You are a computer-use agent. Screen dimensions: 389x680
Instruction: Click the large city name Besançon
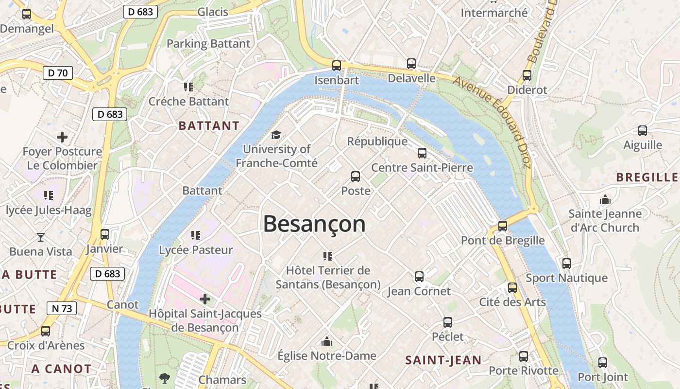(x=314, y=224)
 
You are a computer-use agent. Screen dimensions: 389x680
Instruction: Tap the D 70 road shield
(x=57, y=73)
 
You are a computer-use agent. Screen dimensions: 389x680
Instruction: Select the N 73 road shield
(x=61, y=308)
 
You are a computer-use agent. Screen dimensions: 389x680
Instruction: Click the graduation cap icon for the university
(x=276, y=135)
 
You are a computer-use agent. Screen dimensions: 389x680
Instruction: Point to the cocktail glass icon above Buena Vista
(x=41, y=237)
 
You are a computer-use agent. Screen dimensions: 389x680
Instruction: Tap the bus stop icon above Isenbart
(x=337, y=65)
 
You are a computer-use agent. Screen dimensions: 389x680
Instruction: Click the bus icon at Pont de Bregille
(x=503, y=226)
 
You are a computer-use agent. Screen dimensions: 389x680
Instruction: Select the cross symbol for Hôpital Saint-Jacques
(x=205, y=299)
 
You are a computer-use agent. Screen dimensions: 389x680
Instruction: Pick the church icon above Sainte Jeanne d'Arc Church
(x=605, y=199)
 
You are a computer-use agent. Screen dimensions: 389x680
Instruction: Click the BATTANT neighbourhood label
(x=209, y=126)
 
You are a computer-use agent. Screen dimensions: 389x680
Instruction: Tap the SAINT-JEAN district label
(x=443, y=360)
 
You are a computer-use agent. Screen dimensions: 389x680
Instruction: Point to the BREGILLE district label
(x=647, y=177)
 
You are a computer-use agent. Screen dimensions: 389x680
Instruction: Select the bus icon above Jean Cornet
(x=419, y=277)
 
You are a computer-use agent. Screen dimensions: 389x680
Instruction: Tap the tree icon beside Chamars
(x=165, y=378)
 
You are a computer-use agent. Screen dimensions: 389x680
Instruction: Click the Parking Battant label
(x=208, y=44)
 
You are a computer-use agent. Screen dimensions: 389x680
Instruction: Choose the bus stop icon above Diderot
(x=527, y=75)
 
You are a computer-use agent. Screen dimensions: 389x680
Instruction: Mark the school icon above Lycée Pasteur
(x=196, y=235)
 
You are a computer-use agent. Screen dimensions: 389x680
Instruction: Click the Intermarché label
(x=493, y=13)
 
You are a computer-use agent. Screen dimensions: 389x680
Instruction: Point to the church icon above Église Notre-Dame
(x=327, y=341)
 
